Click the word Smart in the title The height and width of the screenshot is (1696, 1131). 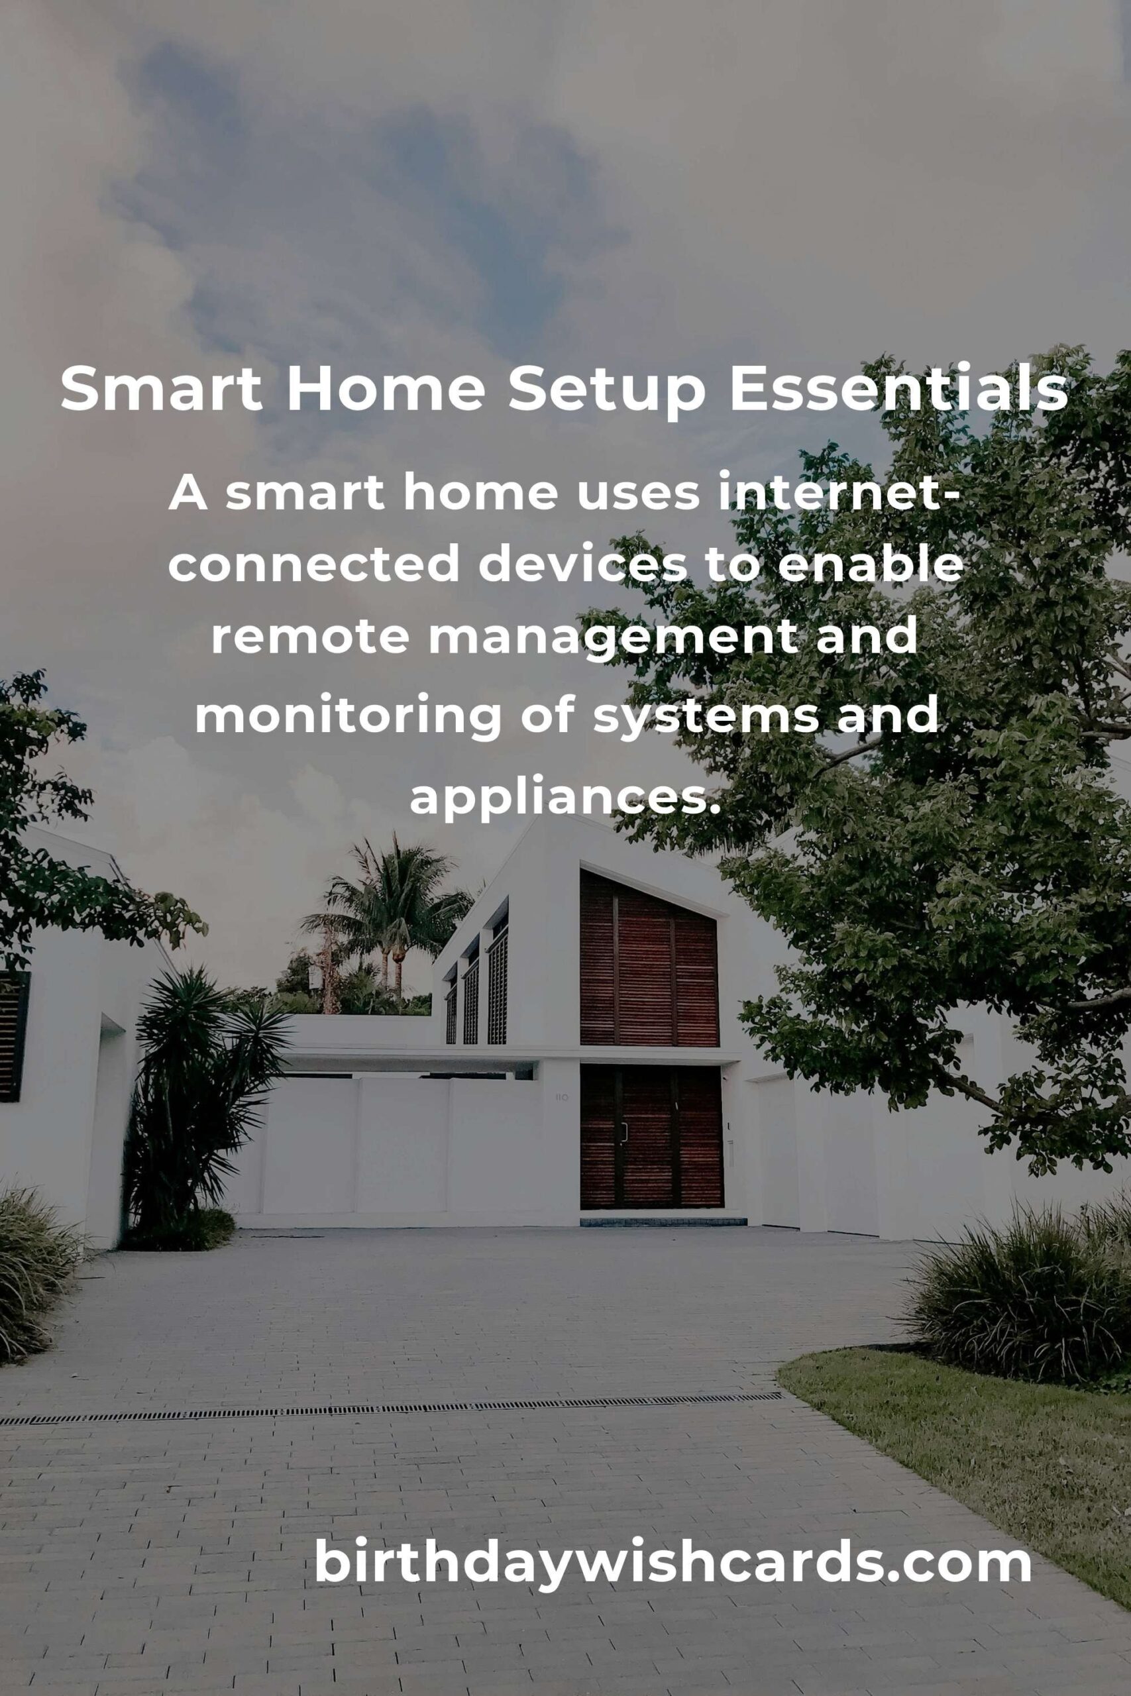tap(161, 389)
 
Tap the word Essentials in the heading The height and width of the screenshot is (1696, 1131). tap(898, 389)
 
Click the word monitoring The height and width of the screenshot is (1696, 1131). tap(348, 715)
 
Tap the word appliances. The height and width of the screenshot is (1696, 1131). tap(566, 796)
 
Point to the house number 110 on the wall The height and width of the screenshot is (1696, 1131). tap(561, 1098)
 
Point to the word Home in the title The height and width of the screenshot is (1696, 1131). tap(385, 389)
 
